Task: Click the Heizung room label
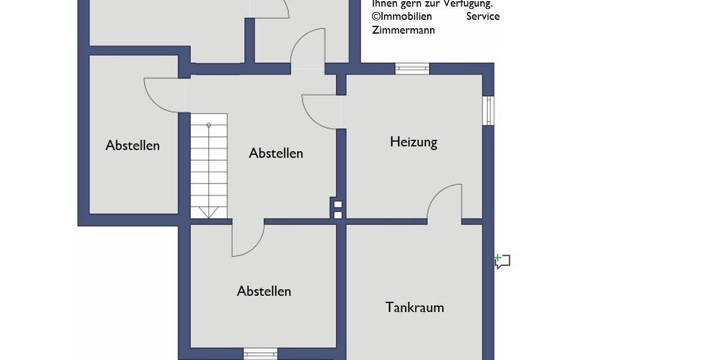pos(413,142)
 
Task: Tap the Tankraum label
pos(415,308)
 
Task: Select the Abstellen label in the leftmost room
pos(133,145)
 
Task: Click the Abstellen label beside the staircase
pos(276,153)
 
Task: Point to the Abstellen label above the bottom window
pos(264,291)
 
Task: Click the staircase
pos(209,165)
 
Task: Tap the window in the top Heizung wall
pos(412,68)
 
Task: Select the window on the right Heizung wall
pos(488,110)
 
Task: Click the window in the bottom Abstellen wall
pos(260,353)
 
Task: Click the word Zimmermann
pos(403,30)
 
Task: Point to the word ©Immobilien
pos(401,16)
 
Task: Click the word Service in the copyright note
pos(482,16)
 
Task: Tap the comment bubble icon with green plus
pos(502,261)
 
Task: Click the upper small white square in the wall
pos(338,204)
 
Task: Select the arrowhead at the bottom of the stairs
pos(209,212)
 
